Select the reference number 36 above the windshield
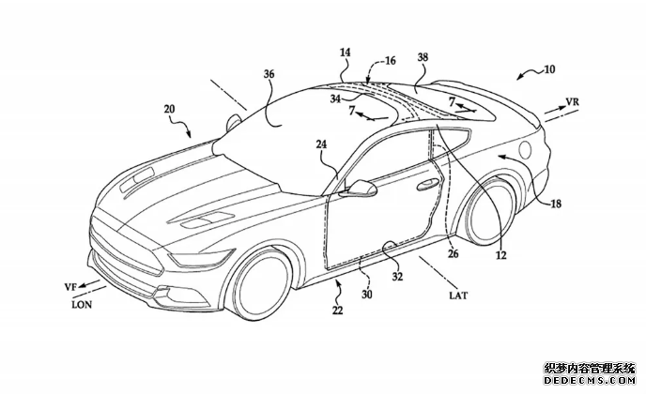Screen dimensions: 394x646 (x=269, y=73)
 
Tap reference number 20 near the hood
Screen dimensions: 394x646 (x=170, y=110)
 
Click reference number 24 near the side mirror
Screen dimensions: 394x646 (x=321, y=144)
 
